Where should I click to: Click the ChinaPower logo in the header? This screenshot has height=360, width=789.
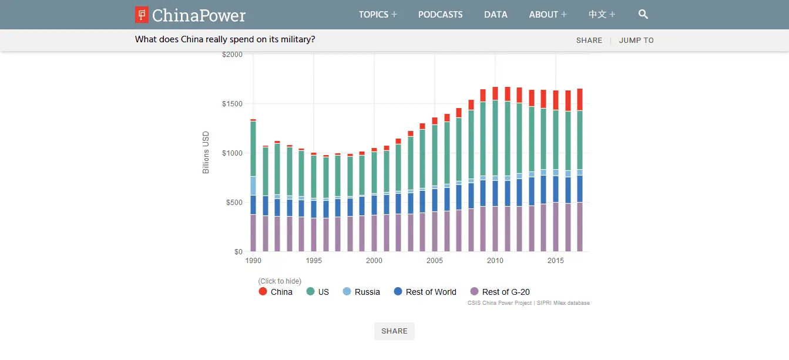[190, 15]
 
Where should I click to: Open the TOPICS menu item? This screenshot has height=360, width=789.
[378, 15]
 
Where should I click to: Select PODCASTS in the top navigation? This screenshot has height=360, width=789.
[440, 15]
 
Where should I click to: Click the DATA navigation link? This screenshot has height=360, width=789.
[495, 15]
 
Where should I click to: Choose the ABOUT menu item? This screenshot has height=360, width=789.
[548, 15]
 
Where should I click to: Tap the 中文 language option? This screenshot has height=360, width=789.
[602, 15]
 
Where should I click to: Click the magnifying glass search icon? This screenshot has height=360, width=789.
[643, 14]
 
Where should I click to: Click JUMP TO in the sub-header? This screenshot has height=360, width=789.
[636, 41]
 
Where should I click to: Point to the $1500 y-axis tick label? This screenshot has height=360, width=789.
[231, 104]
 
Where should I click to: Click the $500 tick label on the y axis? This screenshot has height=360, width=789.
[233, 203]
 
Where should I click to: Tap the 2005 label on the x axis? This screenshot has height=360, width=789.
[434, 261]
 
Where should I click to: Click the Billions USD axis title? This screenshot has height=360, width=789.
[206, 153]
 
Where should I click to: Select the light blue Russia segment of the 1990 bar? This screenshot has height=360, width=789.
[253, 186]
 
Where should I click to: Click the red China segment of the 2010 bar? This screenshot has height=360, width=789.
[495, 93]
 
